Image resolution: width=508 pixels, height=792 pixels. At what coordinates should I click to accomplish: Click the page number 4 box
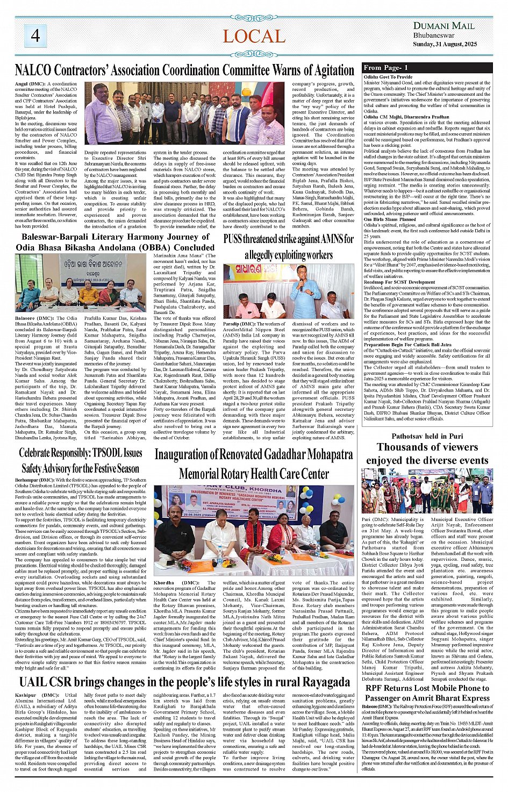coord(35,35)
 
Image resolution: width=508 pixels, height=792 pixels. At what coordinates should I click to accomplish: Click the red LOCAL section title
coord(254,37)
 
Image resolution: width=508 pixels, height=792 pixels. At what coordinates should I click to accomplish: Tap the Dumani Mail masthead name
coord(443,25)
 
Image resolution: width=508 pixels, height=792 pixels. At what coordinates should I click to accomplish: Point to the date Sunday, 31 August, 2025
coord(445,44)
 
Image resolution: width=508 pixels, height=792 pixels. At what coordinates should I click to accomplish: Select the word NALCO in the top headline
coord(33,70)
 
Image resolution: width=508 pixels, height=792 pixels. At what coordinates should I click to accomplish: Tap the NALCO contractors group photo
coord(184,113)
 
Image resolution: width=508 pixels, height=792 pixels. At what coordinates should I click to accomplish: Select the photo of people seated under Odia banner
coord(80,283)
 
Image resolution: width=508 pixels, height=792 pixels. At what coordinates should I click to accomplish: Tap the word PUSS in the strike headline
coord(234,239)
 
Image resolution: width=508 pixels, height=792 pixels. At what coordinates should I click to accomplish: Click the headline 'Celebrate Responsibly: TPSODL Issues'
coord(81,453)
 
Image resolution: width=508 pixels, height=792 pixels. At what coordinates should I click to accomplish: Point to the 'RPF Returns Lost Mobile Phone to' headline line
coord(427,688)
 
